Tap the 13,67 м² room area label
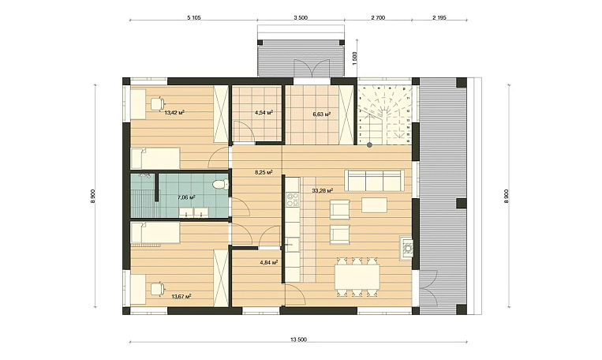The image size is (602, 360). [x=181, y=296]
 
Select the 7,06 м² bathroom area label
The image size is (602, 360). [x=186, y=197]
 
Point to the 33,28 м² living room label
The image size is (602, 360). [x=322, y=189]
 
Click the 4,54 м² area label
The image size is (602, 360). [x=264, y=113]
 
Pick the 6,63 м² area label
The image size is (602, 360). [x=322, y=114]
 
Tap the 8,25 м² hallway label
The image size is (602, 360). [x=264, y=173]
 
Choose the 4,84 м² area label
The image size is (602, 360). [x=269, y=263]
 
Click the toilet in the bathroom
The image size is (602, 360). [x=220, y=185]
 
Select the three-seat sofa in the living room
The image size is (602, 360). [x=374, y=181]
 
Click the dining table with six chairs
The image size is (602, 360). [x=357, y=277]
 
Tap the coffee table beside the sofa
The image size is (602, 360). [x=373, y=204]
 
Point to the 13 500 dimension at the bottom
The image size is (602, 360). [x=299, y=340]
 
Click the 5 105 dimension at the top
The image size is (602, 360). [x=194, y=17]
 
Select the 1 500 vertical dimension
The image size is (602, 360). [x=355, y=58]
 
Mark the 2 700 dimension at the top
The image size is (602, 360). [x=378, y=17]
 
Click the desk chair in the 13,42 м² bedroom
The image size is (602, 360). [x=158, y=104]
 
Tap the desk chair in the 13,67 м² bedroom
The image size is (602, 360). [x=158, y=289]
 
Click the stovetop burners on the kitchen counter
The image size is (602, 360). [x=293, y=198]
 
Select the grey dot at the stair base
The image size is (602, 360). [x=369, y=145]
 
